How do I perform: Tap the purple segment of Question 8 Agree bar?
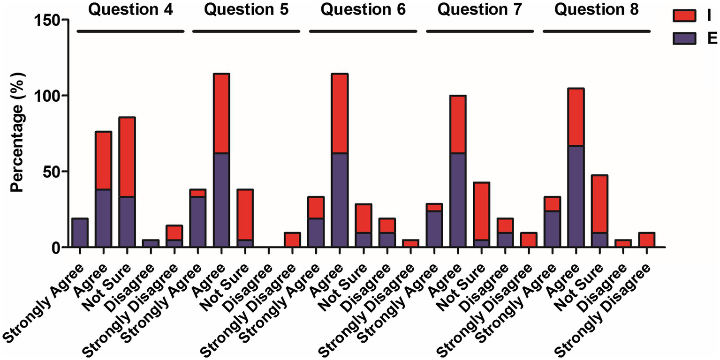click(575, 196)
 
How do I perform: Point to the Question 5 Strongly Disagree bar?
click(292, 240)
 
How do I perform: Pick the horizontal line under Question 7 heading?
click(479, 31)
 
